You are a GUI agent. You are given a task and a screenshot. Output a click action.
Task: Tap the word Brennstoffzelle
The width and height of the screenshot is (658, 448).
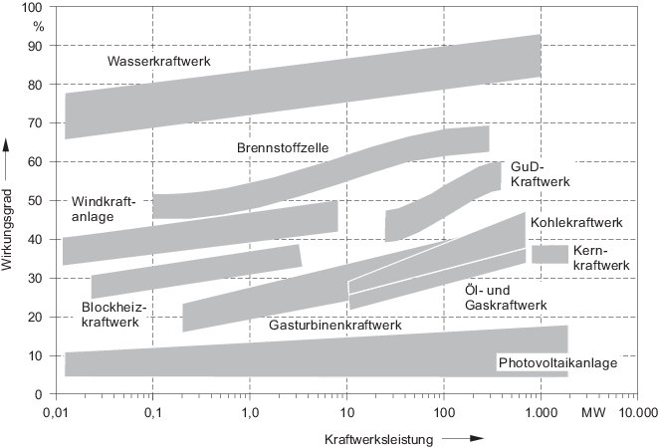click(x=283, y=147)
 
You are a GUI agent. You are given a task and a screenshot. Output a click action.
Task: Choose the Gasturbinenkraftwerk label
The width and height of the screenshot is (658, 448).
click(x=334, y=325)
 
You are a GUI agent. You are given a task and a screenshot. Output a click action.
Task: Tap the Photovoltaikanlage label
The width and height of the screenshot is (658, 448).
click(x=557, y=362)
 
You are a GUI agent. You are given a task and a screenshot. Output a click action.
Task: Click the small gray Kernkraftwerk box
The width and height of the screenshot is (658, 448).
click(x=549, y=254)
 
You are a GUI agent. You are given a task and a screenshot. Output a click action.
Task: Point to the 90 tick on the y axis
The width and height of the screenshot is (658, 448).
click(x=36, y=46)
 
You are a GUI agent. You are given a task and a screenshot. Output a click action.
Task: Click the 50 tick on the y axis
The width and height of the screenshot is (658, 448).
click(x=36, y=200)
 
